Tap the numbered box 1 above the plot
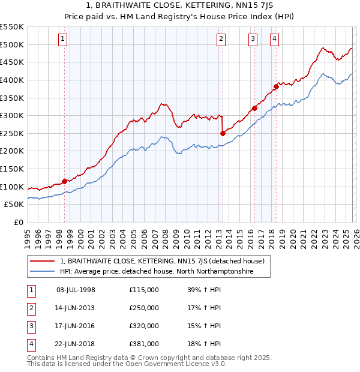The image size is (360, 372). [x=63, y=40]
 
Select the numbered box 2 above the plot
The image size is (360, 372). [x=221, y=40]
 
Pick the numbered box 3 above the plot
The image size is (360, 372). [x=253, y=40]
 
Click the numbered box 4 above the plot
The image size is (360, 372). [x=274, y=40]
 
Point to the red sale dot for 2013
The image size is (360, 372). [x=223, y=133]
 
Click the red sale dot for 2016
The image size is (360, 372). [x=254, y=109]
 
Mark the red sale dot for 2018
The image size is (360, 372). [x=276, y=86]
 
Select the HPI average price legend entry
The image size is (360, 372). [x=156, y=272]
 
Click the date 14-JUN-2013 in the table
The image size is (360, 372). [x=76, y=308]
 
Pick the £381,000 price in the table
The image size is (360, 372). [x=144, y=344]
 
